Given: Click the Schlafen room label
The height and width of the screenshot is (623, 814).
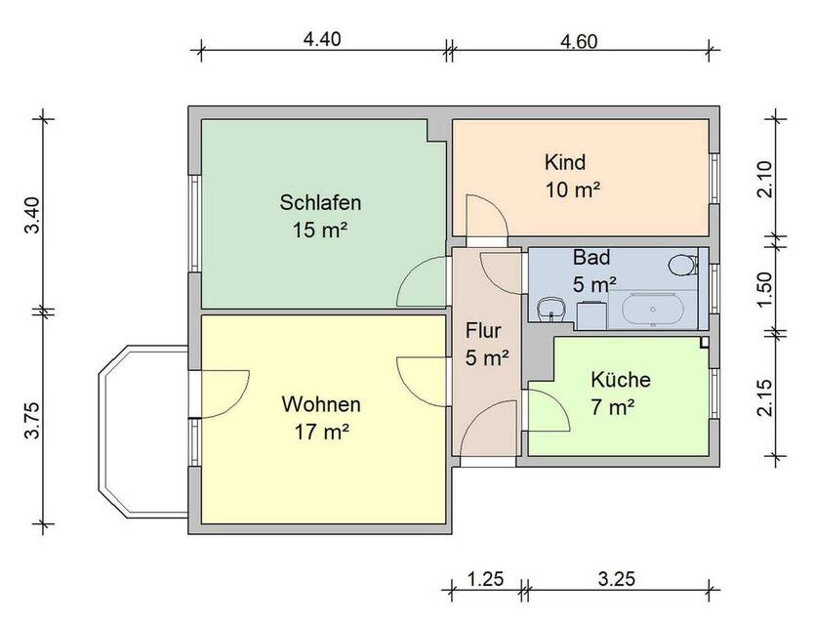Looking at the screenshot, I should pos(321,204).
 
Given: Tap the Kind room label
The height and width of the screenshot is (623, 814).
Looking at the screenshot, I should pos(566,162).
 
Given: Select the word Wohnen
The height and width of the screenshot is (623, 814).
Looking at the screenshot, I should pos(321,403).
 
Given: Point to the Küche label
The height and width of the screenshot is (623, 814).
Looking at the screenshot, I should pos(620,380).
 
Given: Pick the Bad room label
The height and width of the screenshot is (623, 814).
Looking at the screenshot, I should pos(591,259).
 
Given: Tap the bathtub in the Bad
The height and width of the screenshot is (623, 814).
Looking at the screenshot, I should pos(653,310).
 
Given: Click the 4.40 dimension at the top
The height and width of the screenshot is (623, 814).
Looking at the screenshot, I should pos(323,40).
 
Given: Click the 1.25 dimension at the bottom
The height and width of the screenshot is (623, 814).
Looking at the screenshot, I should pos(485,579).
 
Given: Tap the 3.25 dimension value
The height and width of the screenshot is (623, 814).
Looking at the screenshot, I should pos(616,579).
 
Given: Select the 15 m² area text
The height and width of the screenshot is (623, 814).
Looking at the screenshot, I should pos(320,231).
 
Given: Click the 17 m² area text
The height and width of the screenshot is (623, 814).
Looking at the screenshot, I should pos(321,431).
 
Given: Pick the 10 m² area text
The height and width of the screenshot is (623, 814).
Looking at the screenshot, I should pos(572,189).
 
